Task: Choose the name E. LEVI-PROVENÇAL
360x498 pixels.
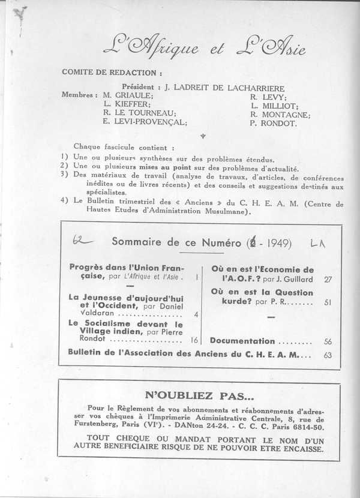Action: pos(145,123)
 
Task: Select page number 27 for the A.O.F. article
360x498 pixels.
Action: pos(328,279)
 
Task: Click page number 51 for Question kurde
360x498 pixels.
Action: pos(328,302)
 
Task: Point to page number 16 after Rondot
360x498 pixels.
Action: pos(194,340)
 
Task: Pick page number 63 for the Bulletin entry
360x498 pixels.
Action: pos(328,355)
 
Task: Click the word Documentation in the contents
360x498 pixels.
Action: pos(242,340)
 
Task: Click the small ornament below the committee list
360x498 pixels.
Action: pos(202,136)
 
